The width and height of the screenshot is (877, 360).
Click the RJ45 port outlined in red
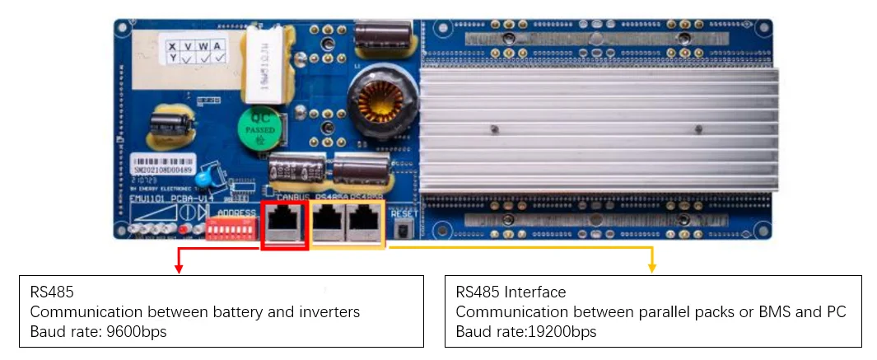pyautogui.click(x=284, y=224)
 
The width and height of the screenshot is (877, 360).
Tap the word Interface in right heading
pyautogui.click(x=535, y=292)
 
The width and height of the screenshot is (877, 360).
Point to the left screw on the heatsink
pyautogui.click(x=492, y=129)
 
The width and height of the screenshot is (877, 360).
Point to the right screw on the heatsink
pyautogui.click(x=698, y=129)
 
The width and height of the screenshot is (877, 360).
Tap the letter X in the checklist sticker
pyautogui.click(x=173, y=46)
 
